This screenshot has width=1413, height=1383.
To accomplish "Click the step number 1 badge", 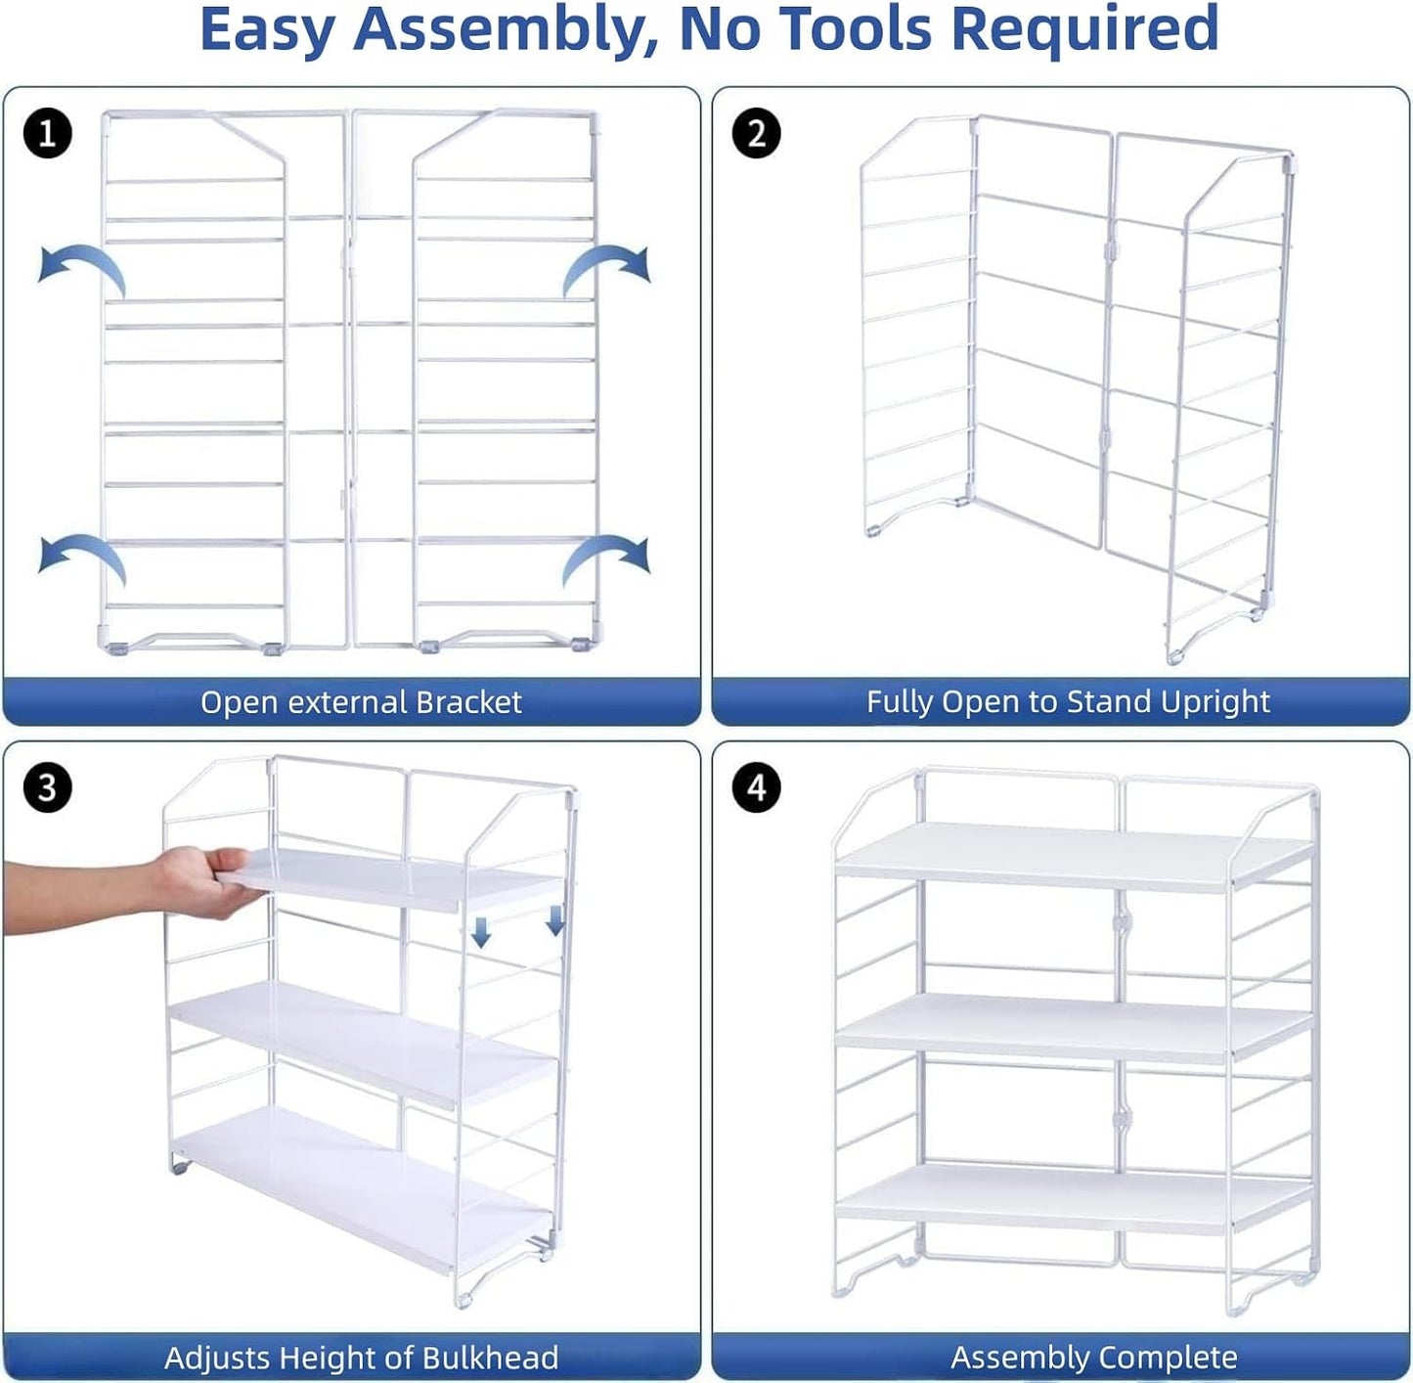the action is tap(47, 134).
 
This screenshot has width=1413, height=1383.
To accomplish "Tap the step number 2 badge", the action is tap(756, 134).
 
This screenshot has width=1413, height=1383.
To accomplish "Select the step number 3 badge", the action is tap(47, 786).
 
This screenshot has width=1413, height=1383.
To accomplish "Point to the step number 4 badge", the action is tap(756, 786).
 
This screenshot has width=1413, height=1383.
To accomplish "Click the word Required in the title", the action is tap(1084, 29).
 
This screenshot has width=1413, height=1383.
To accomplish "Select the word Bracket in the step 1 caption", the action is tap(468, 702).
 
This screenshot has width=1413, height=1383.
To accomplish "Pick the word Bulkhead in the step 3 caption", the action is tap(490, 1358).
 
